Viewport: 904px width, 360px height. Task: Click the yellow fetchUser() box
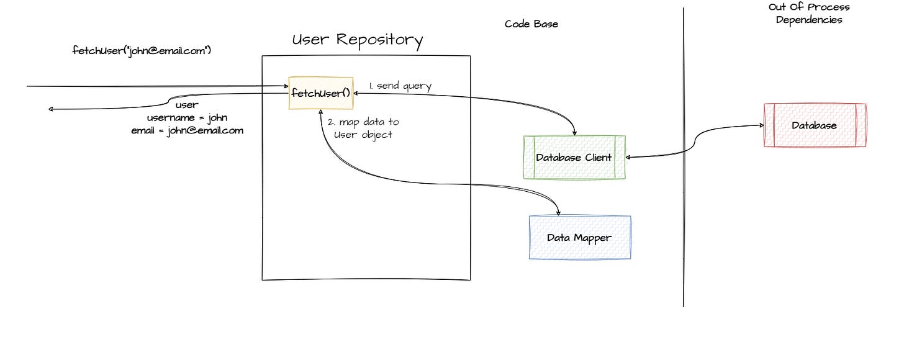click(x=320, y=93)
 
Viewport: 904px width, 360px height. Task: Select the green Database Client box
click(x=574, y=157)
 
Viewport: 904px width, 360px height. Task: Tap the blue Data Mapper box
click(x=579, y=237)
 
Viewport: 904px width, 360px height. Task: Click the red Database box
click(x=814, y=125)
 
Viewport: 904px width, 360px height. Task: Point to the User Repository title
click(x=358, y=40)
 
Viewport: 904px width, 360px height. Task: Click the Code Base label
click(x=531, y=24)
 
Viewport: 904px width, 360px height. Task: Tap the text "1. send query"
click(x=400, y=86)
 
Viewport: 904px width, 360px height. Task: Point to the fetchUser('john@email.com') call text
click(x=142, y=51)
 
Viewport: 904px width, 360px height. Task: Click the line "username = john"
click(x=187, y=117)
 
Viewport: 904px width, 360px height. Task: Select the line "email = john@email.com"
click(x=187, y=130)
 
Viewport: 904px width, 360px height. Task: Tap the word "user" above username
click(x=187, y=105)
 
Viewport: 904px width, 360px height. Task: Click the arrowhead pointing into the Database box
click(x=761, y=125)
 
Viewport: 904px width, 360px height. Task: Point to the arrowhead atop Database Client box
click(x=574, y=133)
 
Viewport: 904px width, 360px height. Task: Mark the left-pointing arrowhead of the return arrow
click(x=52, y=110)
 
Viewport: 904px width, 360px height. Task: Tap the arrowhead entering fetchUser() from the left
click(x=286, y=87)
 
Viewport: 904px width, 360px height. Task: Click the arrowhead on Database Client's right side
click(x=628, y=157)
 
